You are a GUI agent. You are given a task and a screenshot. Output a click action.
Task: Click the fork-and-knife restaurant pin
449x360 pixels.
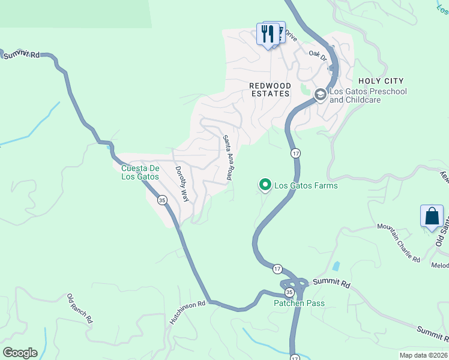pyautogui.click(x=267, y=33)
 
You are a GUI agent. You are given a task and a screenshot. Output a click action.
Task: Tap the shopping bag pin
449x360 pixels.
pyautogui.click(x=432, y=216)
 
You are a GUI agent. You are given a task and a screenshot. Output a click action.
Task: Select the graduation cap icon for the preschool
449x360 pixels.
pyautogui.click(x=321, y=94)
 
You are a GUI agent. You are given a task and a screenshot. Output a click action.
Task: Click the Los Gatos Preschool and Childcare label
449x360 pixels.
pyautogui.click(x=368, y=95)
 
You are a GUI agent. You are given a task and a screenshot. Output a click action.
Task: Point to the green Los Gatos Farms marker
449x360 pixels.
pyautogui.click(x=264, y=185)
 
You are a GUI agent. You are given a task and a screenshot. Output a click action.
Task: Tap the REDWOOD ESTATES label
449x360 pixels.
pyautogui.click(x=270, y=90)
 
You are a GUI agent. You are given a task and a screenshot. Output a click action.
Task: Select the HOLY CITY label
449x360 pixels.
pyautogui.click(x=381, y=81)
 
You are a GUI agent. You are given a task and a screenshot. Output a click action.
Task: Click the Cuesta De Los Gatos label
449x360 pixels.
pyautogui.click(x=140, y=172)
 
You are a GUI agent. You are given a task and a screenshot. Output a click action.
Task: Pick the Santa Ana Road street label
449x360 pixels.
pyautogui.click(x=228, y=158)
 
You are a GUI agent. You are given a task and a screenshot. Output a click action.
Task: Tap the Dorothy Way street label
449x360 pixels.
pyautogui.click(x=182, y=184)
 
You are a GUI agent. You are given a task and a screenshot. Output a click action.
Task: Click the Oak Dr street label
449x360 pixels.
pyautogui.click(x=318, y=54)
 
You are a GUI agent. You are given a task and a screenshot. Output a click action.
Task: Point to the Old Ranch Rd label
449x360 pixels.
pyautogui.click(x=80, y=308)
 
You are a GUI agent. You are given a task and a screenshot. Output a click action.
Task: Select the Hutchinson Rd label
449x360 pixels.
pyautogui.click(x=187, y=313)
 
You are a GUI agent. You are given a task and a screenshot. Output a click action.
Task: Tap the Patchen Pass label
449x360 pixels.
pyautogui.click(x=300, y=303)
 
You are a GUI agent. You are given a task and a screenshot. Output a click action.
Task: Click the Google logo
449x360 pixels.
pyautogui.click(x=20, y=353)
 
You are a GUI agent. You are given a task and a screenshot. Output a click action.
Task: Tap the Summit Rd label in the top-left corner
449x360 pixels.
pyautogui.click(x=21, y=55)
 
